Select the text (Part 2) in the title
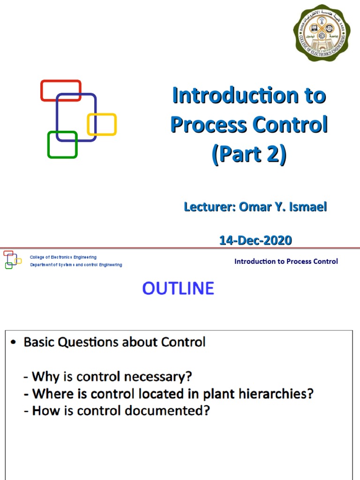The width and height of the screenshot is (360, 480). [248, 155]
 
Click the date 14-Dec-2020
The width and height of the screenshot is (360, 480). [255, 240]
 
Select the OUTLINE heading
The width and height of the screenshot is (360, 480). [178, 288]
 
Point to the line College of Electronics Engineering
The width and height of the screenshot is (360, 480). [63, 257]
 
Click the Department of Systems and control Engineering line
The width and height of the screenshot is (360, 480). [76, 265]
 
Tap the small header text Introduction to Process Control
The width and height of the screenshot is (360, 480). [286, 262]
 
